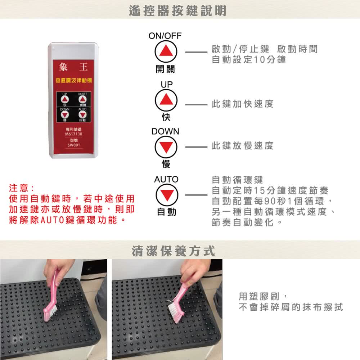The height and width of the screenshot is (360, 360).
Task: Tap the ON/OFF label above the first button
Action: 165,36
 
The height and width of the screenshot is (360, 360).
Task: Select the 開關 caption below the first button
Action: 166,69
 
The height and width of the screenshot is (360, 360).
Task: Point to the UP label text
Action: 167,84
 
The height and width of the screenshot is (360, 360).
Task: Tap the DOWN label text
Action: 165,131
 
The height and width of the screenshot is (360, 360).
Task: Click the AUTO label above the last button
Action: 166,179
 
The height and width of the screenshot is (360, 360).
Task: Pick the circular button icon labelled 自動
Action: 166,195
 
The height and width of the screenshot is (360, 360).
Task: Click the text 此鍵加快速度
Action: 243,104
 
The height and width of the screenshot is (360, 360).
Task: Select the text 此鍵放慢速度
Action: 243,146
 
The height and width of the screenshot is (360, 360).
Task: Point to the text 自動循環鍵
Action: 238,179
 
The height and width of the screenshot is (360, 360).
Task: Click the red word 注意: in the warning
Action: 22,188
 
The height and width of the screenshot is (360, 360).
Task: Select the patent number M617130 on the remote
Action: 73,134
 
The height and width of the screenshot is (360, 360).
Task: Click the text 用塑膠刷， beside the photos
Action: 263,296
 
